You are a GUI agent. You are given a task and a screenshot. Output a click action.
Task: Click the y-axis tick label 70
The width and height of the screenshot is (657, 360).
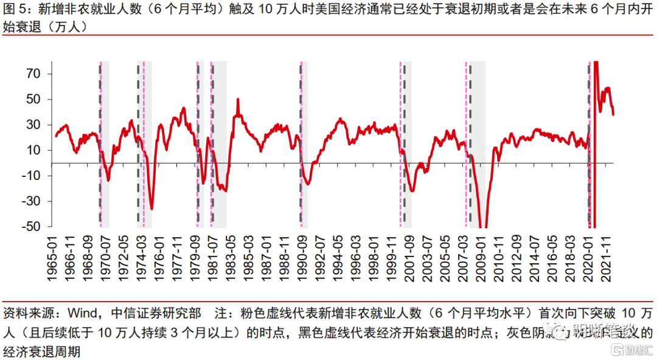coord(32,74)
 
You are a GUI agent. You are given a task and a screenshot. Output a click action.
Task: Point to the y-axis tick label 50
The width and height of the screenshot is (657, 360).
coord(32,99)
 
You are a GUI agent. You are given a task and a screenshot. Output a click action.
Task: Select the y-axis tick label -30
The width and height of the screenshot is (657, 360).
coord(30,201)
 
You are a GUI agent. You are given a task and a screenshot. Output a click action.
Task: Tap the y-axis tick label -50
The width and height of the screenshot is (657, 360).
coord(30,227)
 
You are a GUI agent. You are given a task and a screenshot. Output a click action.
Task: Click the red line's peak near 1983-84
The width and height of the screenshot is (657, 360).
coord(237,99)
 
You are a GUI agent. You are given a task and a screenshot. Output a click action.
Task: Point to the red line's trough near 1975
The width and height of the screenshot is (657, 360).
coord(151,209)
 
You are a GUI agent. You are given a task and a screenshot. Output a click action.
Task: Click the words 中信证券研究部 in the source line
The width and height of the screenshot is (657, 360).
coord(155,314)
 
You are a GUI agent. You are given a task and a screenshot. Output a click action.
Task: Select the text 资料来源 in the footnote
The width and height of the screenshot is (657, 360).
coord(23,314)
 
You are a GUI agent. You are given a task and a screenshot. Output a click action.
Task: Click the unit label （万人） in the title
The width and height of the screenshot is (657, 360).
coord(64,27)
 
